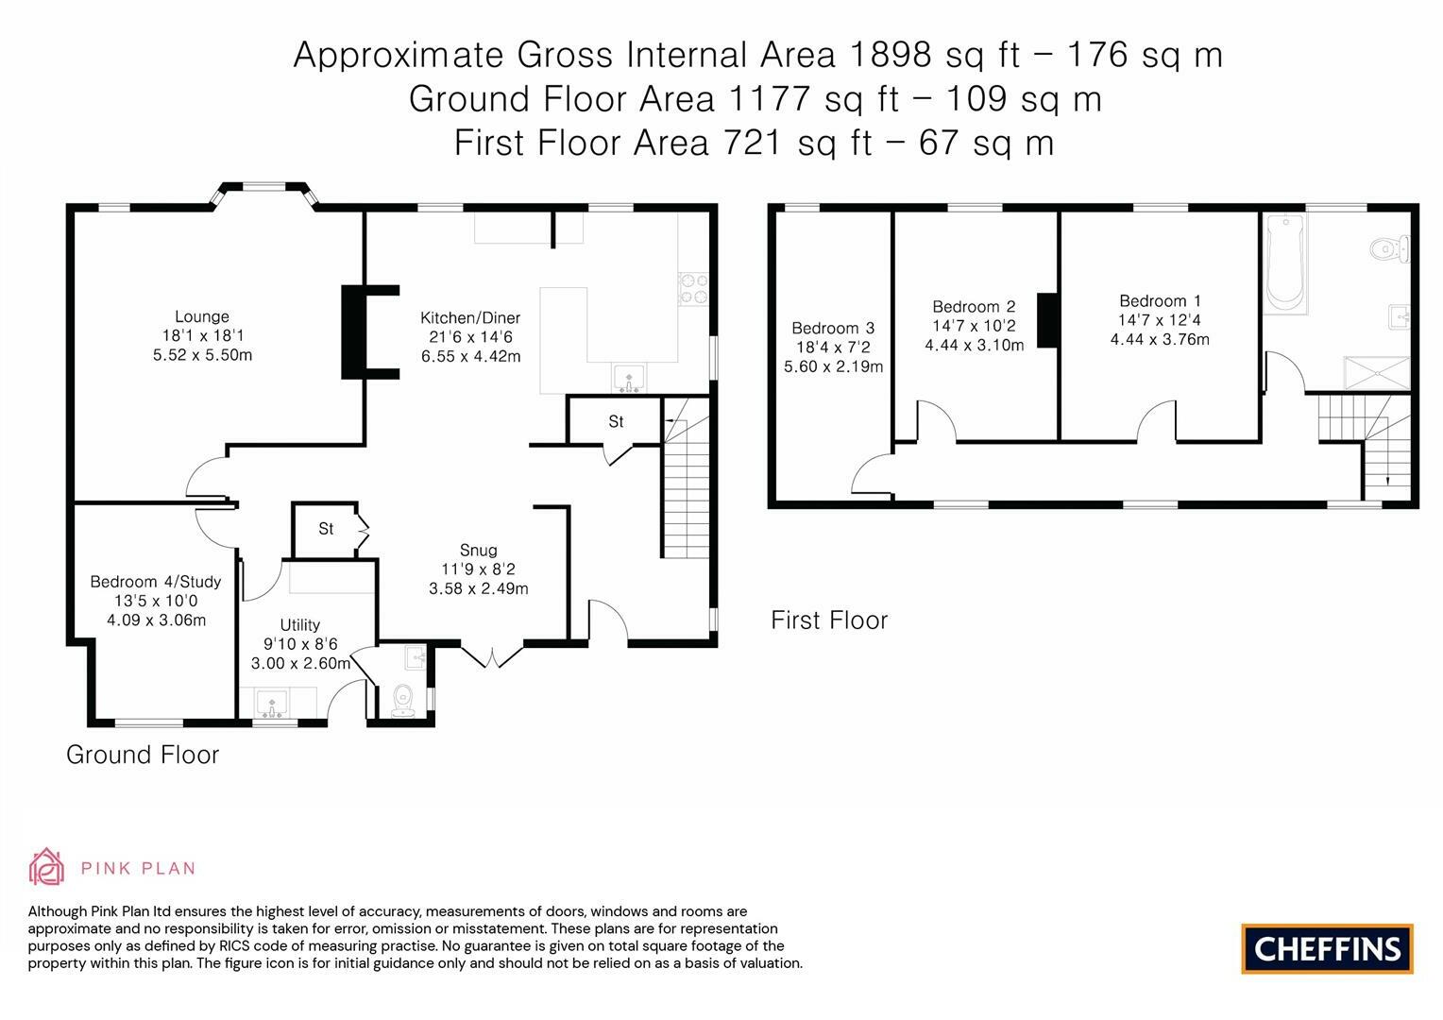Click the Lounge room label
202,316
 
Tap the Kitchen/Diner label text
470,317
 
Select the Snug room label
478,551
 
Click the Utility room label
299,625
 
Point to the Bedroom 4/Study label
155,582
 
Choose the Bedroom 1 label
1160,301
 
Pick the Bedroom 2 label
974,307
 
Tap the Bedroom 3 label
833,328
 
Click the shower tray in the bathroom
1377,373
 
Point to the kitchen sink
629,378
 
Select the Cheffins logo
1327,948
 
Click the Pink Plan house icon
46,867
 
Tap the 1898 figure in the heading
891,55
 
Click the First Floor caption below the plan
829,620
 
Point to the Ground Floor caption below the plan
143,755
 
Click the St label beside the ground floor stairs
616,421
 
